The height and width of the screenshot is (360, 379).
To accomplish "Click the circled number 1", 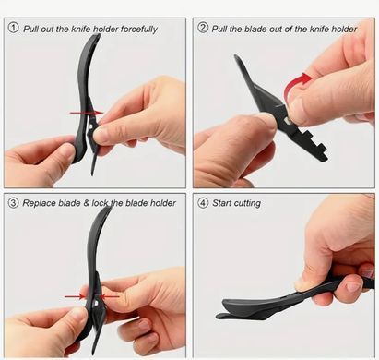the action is coord(13,28).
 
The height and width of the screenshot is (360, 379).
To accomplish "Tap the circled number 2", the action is coord(203,28).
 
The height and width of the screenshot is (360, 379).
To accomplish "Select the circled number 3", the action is coord(13,203).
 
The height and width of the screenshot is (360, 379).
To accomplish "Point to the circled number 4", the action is coord(203,203).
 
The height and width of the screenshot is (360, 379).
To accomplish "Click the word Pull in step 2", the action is coord(219,29).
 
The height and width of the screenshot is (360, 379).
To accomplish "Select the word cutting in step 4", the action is coord(247,203).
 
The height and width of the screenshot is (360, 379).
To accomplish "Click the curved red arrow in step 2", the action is coord(294,82).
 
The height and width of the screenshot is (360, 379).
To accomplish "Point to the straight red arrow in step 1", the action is coord(87,113).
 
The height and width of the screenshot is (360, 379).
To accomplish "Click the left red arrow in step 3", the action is coord(75,296).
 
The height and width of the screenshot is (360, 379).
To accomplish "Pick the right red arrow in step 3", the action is coord(109,296).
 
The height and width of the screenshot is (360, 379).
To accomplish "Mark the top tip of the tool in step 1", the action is coord(98,35).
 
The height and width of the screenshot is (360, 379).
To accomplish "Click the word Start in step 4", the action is coord(221,203).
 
